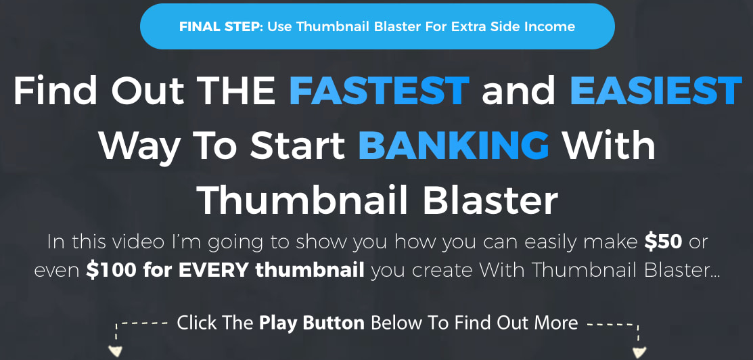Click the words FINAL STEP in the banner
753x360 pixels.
tap(221, 26)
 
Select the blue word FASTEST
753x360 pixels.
tap(380, 91)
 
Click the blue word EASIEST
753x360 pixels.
tap(656, 91)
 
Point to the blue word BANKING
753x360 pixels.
tap(454, 145)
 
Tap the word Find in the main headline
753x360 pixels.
tap(51, 91)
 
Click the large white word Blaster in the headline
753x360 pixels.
tap(490, 200)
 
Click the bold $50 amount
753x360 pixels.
tap(663, 242)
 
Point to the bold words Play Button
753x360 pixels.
tap(312, 323)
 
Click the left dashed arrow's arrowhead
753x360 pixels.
tap(115, 351)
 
